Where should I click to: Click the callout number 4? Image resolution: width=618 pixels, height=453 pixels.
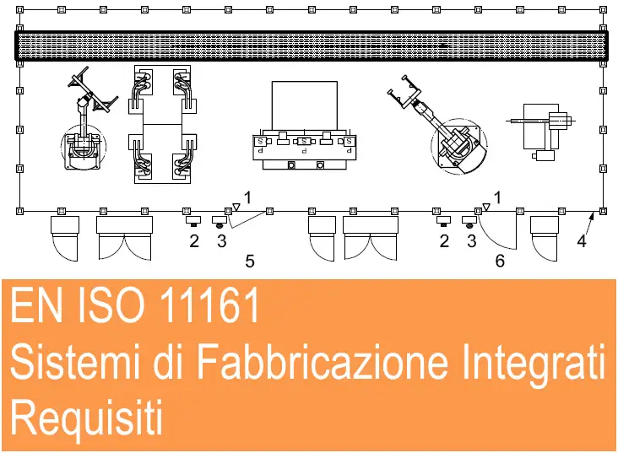pyautogui.click(x=582, y=240)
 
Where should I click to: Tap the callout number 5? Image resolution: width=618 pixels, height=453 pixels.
pyautogui.click(x=250, y=262)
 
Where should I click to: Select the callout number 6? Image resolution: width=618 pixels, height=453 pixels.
pyautogui.click(x=500, y=261)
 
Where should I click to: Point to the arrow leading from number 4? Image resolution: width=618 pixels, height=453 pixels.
pyautogui.click(x=588, y=224)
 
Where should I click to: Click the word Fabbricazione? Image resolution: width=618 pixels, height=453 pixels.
pyautogui.click(x=322, y=361)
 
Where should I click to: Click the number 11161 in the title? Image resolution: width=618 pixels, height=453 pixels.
pyautogui.click(x=209, y=305)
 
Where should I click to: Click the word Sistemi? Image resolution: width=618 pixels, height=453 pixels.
pyautogui.click(x=75, y=361)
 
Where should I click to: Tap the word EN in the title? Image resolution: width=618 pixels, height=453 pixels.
pyautogui.click(x=36, y=305)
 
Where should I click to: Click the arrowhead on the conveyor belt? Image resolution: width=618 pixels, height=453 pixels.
pyautogui.click(x=445, y=46)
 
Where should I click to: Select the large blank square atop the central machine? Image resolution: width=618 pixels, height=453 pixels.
pyautogui.click(x=305, y=105)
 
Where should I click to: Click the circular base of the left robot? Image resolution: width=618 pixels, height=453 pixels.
pyautogui.click(x=84, y=147)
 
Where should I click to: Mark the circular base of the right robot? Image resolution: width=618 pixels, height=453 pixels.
pyautogui.click(x=459, y=146)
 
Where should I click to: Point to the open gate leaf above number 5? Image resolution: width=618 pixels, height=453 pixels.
pyautogui.click(x=248, y=220)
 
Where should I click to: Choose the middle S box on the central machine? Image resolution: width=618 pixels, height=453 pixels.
pyautogui.click(x=303, y=141)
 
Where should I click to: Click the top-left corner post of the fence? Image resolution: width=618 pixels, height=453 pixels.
pyautogui.click(x=19, y=10)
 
